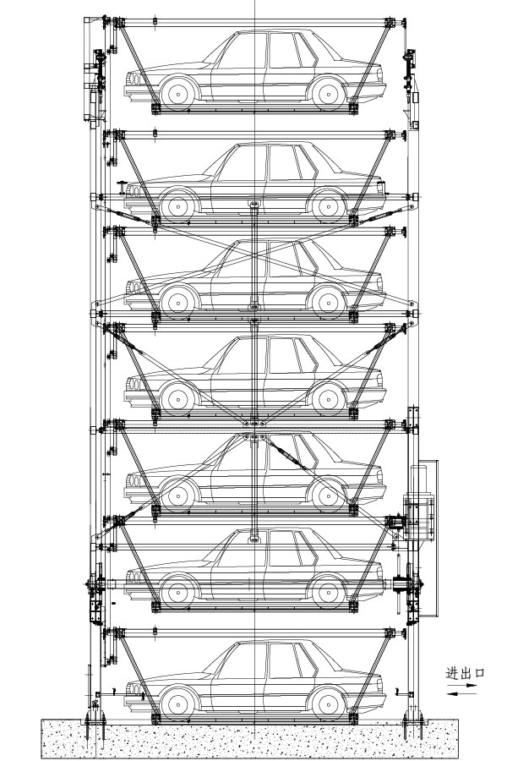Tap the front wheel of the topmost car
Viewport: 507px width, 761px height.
(x=177, y=93)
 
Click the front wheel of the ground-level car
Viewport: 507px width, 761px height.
(x=177, y=702)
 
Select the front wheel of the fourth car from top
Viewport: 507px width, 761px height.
(x=177, y=398)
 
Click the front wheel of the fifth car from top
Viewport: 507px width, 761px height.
(x=177, y=494)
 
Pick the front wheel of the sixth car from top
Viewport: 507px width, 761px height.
(x=177, y=589)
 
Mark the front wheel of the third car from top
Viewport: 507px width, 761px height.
(x=177, y=300)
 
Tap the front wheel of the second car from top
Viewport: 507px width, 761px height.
(x=177, y=205)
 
